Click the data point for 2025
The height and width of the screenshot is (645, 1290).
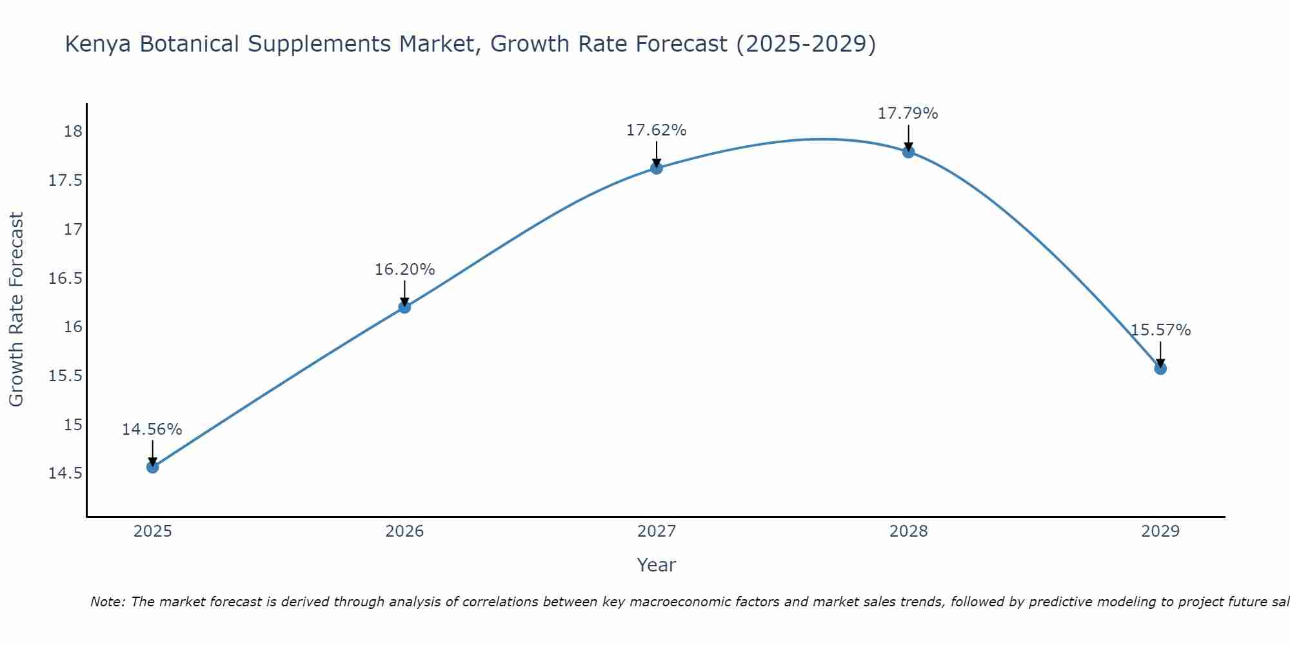pyautogui.click(x=153, y=467)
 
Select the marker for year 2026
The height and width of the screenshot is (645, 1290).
pyautogui.click(x=404, y=307)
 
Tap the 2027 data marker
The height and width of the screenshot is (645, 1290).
pyautogui.click(x=657, y=168)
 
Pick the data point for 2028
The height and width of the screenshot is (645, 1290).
pyautogui.click(x=908, y=152)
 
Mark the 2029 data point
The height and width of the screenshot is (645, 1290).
pyautogui.click(x=1160, y=368)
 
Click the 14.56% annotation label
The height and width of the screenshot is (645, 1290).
pyautogui.click(x=152, y=430)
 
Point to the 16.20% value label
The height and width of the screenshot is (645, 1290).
pyautogui.click(x=404, y=270)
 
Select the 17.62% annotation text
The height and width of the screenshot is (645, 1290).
pyautogui.click(x=657, y=130)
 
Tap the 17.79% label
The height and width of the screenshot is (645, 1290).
pyautogui.click(x=908, y=114)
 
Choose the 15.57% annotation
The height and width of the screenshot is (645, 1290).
pyautogui.click(x=1160, y=330)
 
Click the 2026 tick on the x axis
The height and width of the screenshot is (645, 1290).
pyautogui.click(x=404, y=531)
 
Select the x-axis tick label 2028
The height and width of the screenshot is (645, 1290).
pyautogui.click(x=908, y=531)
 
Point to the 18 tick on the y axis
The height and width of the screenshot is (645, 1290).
pyautogui.click(x=73, y=132)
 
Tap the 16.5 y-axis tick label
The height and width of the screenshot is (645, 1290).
pyautogui.click(x=66, y=278)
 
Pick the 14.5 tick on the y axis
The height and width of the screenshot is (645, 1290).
pyautogui.click(x=66, y=473)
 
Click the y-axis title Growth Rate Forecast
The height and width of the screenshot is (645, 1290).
pyautogui.click(x=16, y=309)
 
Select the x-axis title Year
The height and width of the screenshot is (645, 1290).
pyautogui.click(x=656, y=565)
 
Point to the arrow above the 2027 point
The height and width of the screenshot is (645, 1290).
pyautogui.click(x=657, y=153)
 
